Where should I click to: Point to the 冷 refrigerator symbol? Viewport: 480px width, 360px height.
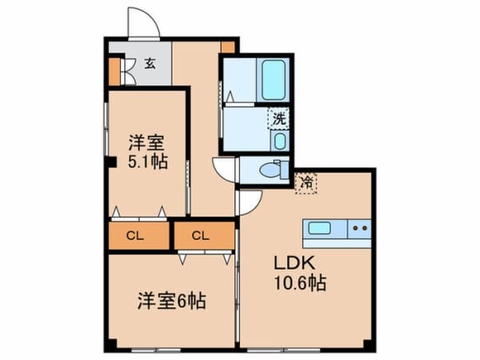[x=306, y=182]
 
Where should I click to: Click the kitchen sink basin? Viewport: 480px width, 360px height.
[x=320, y=228]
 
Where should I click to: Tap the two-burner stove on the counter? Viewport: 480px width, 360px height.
[x=359, y=228]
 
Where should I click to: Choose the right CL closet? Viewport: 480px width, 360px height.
[x=201, y=236]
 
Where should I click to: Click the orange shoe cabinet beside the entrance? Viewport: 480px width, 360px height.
[x=114, y=71]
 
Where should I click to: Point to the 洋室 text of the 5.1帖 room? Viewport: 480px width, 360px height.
[x=147, y=143]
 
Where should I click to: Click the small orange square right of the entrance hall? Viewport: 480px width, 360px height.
[x=229, y=46]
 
